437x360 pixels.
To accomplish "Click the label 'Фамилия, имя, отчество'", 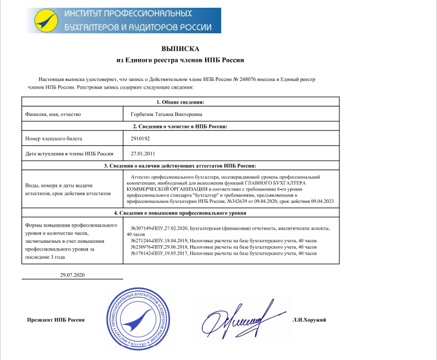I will pos(52,113).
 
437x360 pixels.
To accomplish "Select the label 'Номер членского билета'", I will pos(54,138).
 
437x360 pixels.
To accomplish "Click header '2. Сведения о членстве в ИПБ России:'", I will pos(180,126).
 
